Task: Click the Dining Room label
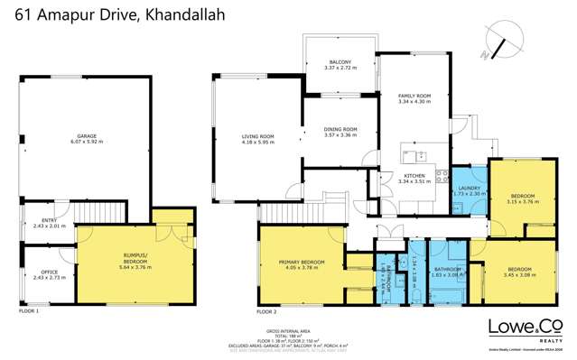pyautogui.click(x=340, y=132)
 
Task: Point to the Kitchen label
pyautogui.click(x=414, y=178)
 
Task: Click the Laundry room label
pyautogui.click(x=467, y=190)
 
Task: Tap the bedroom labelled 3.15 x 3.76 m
pyautogui.click(x=523, y=198)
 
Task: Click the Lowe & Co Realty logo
pyautogui.click(x=520, y=328)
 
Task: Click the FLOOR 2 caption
pyautogui.click(x=266, y=310)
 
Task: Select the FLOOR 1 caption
pyautogui.click(x=29, y=310)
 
